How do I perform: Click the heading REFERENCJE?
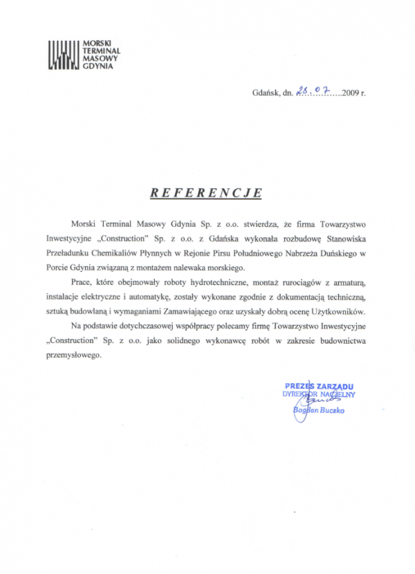(x=206, y=192)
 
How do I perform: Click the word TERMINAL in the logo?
(x=101, y=50)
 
